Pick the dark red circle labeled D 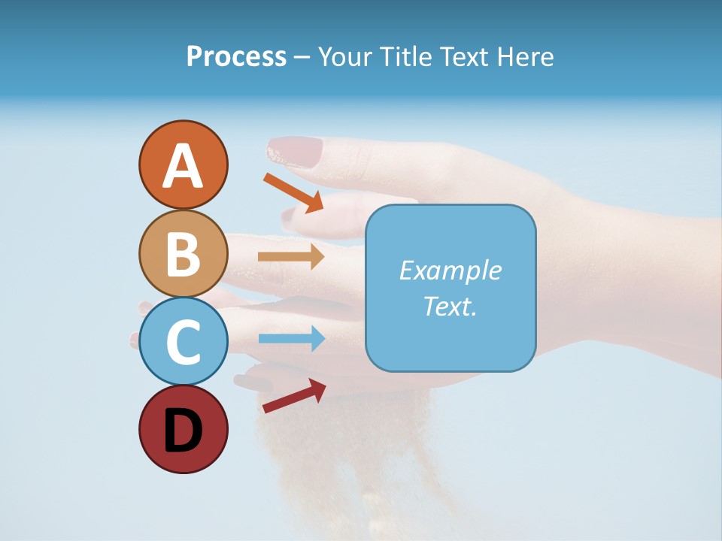[x=183, y=429]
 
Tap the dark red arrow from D [x=294, y=396]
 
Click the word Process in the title [x=236, y=56]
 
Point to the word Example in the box [x=450, y=270]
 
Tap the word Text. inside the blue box [x=450, y=306]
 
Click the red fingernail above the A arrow [x=296, y=151]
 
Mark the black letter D [x=183, y=432]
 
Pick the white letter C [x=183, y=342]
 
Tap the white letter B [x=183, y=254]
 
